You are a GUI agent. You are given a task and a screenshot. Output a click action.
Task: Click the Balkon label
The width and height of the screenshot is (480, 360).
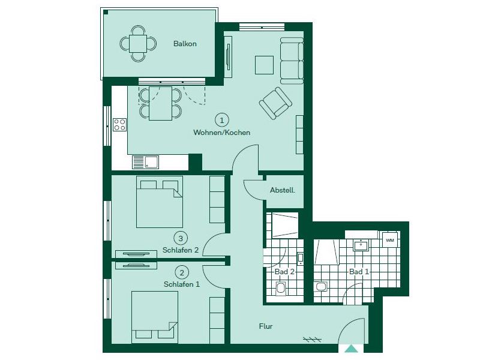pyautogui.click(x=185, y=43)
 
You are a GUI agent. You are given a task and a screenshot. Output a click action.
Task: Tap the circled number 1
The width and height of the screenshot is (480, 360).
pyautogui.click(x=222, y=120)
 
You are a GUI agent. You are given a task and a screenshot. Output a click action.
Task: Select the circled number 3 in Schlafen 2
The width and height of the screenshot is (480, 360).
pyautogui.click(x=181, y=238)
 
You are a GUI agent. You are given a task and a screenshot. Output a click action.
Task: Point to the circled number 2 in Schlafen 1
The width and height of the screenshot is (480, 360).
pyautogui.click(x=182, y=272)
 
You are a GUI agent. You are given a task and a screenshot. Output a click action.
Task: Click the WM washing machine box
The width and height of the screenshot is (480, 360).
pyautogui.click(x=389, y=241)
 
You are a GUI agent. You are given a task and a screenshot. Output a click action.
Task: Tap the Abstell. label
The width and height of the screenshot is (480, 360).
pyautogui.click(x=283, y=190)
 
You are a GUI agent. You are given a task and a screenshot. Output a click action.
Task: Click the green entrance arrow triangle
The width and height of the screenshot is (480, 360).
pyautogui.click(x=351, y=349)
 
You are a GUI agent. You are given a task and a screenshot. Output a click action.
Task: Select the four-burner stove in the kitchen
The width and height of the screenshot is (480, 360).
pyautogui.click(x=119, y=125)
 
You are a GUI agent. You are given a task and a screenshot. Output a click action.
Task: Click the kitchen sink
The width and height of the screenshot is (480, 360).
pyautogui.click(x=145, y=162)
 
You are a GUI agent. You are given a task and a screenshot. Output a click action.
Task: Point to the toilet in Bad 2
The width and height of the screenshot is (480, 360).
pyautogui.click(x=280, y=289)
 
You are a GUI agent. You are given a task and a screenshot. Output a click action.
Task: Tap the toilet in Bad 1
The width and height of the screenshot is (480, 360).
pyautogui.click(x=320, y=287)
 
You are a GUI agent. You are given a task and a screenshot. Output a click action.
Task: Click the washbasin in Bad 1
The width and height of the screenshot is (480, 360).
pyautogui.click(x=361, y=245)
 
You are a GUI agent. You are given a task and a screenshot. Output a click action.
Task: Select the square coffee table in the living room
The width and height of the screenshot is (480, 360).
pyautogui.click(x=264, y=65)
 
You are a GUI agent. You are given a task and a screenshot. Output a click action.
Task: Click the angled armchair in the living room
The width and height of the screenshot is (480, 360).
pyautogui.click(x=275, y=103)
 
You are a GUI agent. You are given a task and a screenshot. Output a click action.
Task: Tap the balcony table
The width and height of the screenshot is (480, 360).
pyautogui.click(x=138, y=44)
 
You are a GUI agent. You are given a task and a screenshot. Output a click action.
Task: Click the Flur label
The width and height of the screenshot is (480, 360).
pyautogui.click(x=266, y=326)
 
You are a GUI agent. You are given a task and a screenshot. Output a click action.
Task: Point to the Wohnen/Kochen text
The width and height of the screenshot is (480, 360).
pyautogui.click(x=221, y=133)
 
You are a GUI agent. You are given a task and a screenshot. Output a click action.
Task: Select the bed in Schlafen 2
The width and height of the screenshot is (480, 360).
pyautogui.click(x=160, y=202)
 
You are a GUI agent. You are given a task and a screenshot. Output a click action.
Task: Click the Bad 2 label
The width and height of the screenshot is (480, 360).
pyautogui.click(x=284, y=272)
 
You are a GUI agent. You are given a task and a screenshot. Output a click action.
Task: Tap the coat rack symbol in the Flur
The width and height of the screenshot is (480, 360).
pyautogui.click(x=312, y=339)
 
